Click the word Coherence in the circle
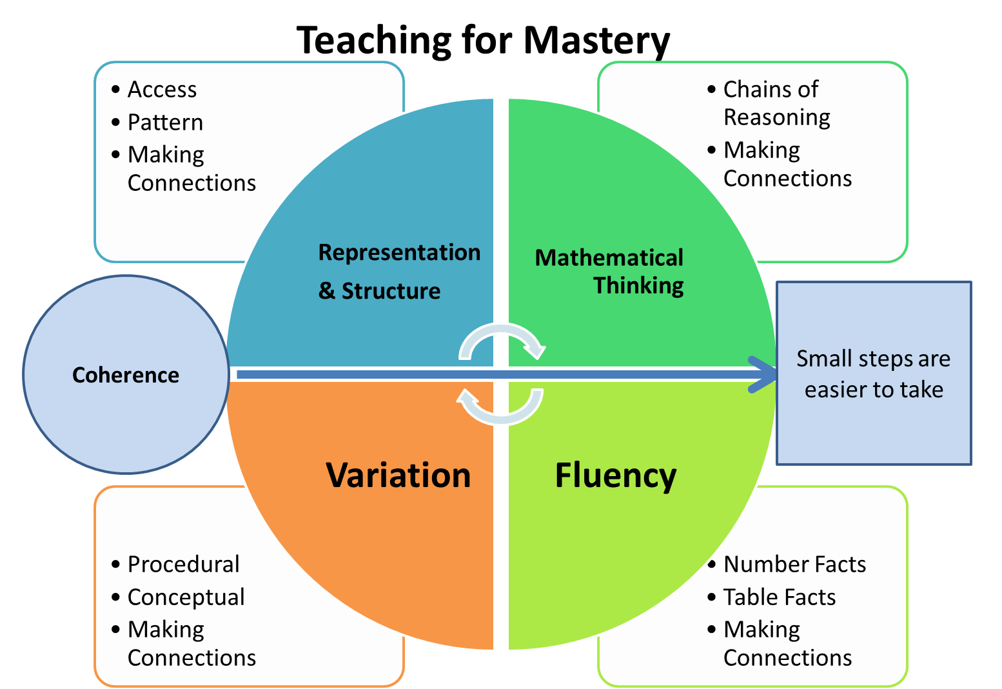pyautogui.click(x=126, y=375)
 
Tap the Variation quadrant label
pyautogui.click(x=398, y=475)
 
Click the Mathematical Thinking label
pyautogui.click(x=610, y=272)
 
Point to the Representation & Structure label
pyautogui.click(x=398, y=272)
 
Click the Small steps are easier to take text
pyautogui.click(x=874, y=374)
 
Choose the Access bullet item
pyautogui.click(x=162, y=90)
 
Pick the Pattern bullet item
pyautogui.click(x=165, y=123)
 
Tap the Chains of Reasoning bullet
pyautogui.click(x=776, y=103)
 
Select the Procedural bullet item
pyautogui.click(x=183, y=564)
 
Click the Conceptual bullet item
pyautogui.click(x=186, y=597)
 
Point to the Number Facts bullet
pyautogui.click(x=794, y=564)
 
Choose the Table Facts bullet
pyautogui.click(x=779, y=597)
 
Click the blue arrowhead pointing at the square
pyautogui.click(x=763, y=374)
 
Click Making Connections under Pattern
pyautogui.click(x=191, y=169)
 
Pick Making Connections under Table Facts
pyautogui.click(x=787, y=644)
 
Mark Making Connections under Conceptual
pyautogui.click(x=191, y=644)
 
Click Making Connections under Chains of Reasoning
pyautogui.click(x=787, y=165)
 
